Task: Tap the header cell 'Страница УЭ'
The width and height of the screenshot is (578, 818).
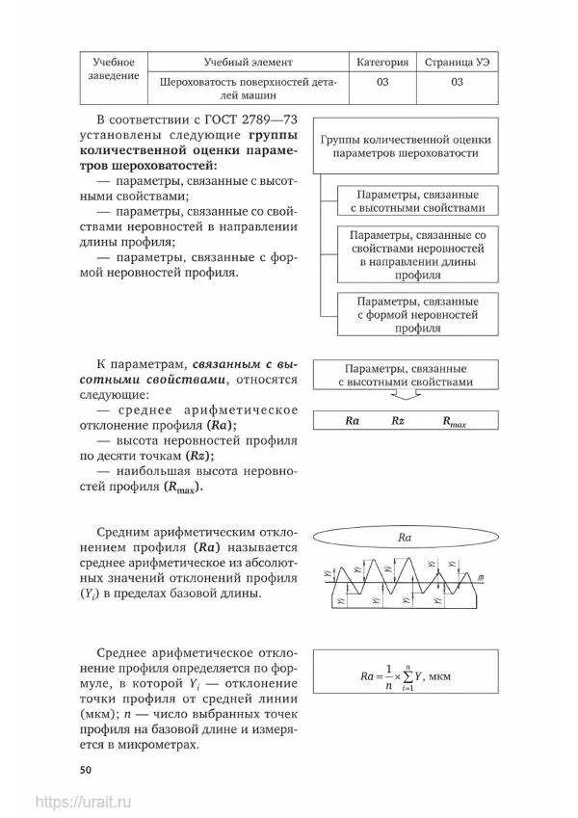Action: pos(457,62)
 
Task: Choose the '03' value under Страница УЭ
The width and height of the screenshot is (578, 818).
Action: pos(457,82)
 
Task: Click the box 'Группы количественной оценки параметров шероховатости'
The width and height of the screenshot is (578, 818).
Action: pos(405,146)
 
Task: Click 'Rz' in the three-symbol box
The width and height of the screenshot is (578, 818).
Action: pos(399,421)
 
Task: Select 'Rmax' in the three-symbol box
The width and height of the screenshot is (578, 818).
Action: pos(454,422)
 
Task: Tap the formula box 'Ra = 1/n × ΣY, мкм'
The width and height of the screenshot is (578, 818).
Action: pos(406,677)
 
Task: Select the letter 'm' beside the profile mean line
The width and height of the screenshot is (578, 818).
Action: pos(480,576)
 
